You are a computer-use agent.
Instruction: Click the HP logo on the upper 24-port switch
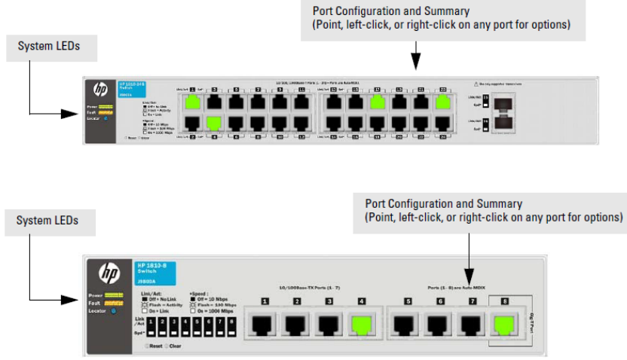[100, 90]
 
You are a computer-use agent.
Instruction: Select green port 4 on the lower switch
[361, 324]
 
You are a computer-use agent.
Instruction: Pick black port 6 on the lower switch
[440, 324]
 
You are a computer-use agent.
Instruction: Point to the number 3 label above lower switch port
[329, 302]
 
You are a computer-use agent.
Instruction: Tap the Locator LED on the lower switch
[113, 310]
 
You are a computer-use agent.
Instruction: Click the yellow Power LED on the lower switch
[115, 295]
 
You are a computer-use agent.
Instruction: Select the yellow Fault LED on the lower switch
[115, 303]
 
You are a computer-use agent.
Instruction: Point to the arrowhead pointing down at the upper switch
[415, 69]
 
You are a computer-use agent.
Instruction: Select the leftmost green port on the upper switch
[194, 103]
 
